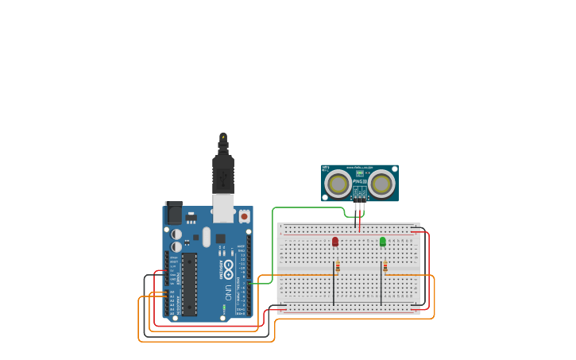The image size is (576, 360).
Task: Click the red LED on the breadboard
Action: (335, 241)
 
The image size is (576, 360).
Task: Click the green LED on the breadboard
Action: (382, 241)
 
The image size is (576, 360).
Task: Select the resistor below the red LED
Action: (338, 266)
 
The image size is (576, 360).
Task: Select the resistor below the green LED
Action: (385, 266)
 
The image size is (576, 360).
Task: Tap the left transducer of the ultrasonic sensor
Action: (338, 184)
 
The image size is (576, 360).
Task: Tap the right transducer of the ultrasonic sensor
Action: (381, 184)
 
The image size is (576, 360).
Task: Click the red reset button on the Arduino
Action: (244, 215)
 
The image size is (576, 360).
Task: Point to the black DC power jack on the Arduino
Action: (173, 213)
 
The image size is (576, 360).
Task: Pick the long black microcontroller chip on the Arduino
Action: (189, 284)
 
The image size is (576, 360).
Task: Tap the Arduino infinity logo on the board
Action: (228, 267)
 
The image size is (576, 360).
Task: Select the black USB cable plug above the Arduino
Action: (223, 171)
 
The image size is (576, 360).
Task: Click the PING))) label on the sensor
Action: (360, 181)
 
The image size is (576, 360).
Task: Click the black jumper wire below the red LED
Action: (334, 290)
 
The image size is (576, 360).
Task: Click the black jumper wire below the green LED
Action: (381, 290)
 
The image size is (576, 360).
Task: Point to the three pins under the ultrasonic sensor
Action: (360, 206)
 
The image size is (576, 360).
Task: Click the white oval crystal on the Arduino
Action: (207, 237)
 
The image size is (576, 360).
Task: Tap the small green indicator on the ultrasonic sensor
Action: (360, 172)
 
